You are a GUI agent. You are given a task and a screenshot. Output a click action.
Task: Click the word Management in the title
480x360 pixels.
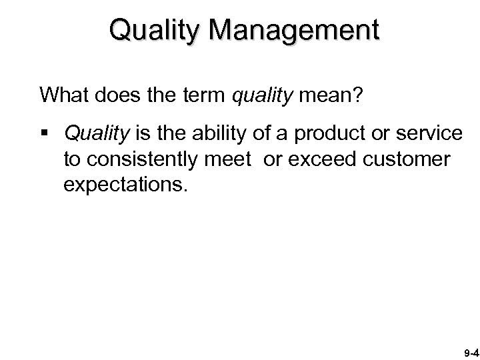coord(292,30)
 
